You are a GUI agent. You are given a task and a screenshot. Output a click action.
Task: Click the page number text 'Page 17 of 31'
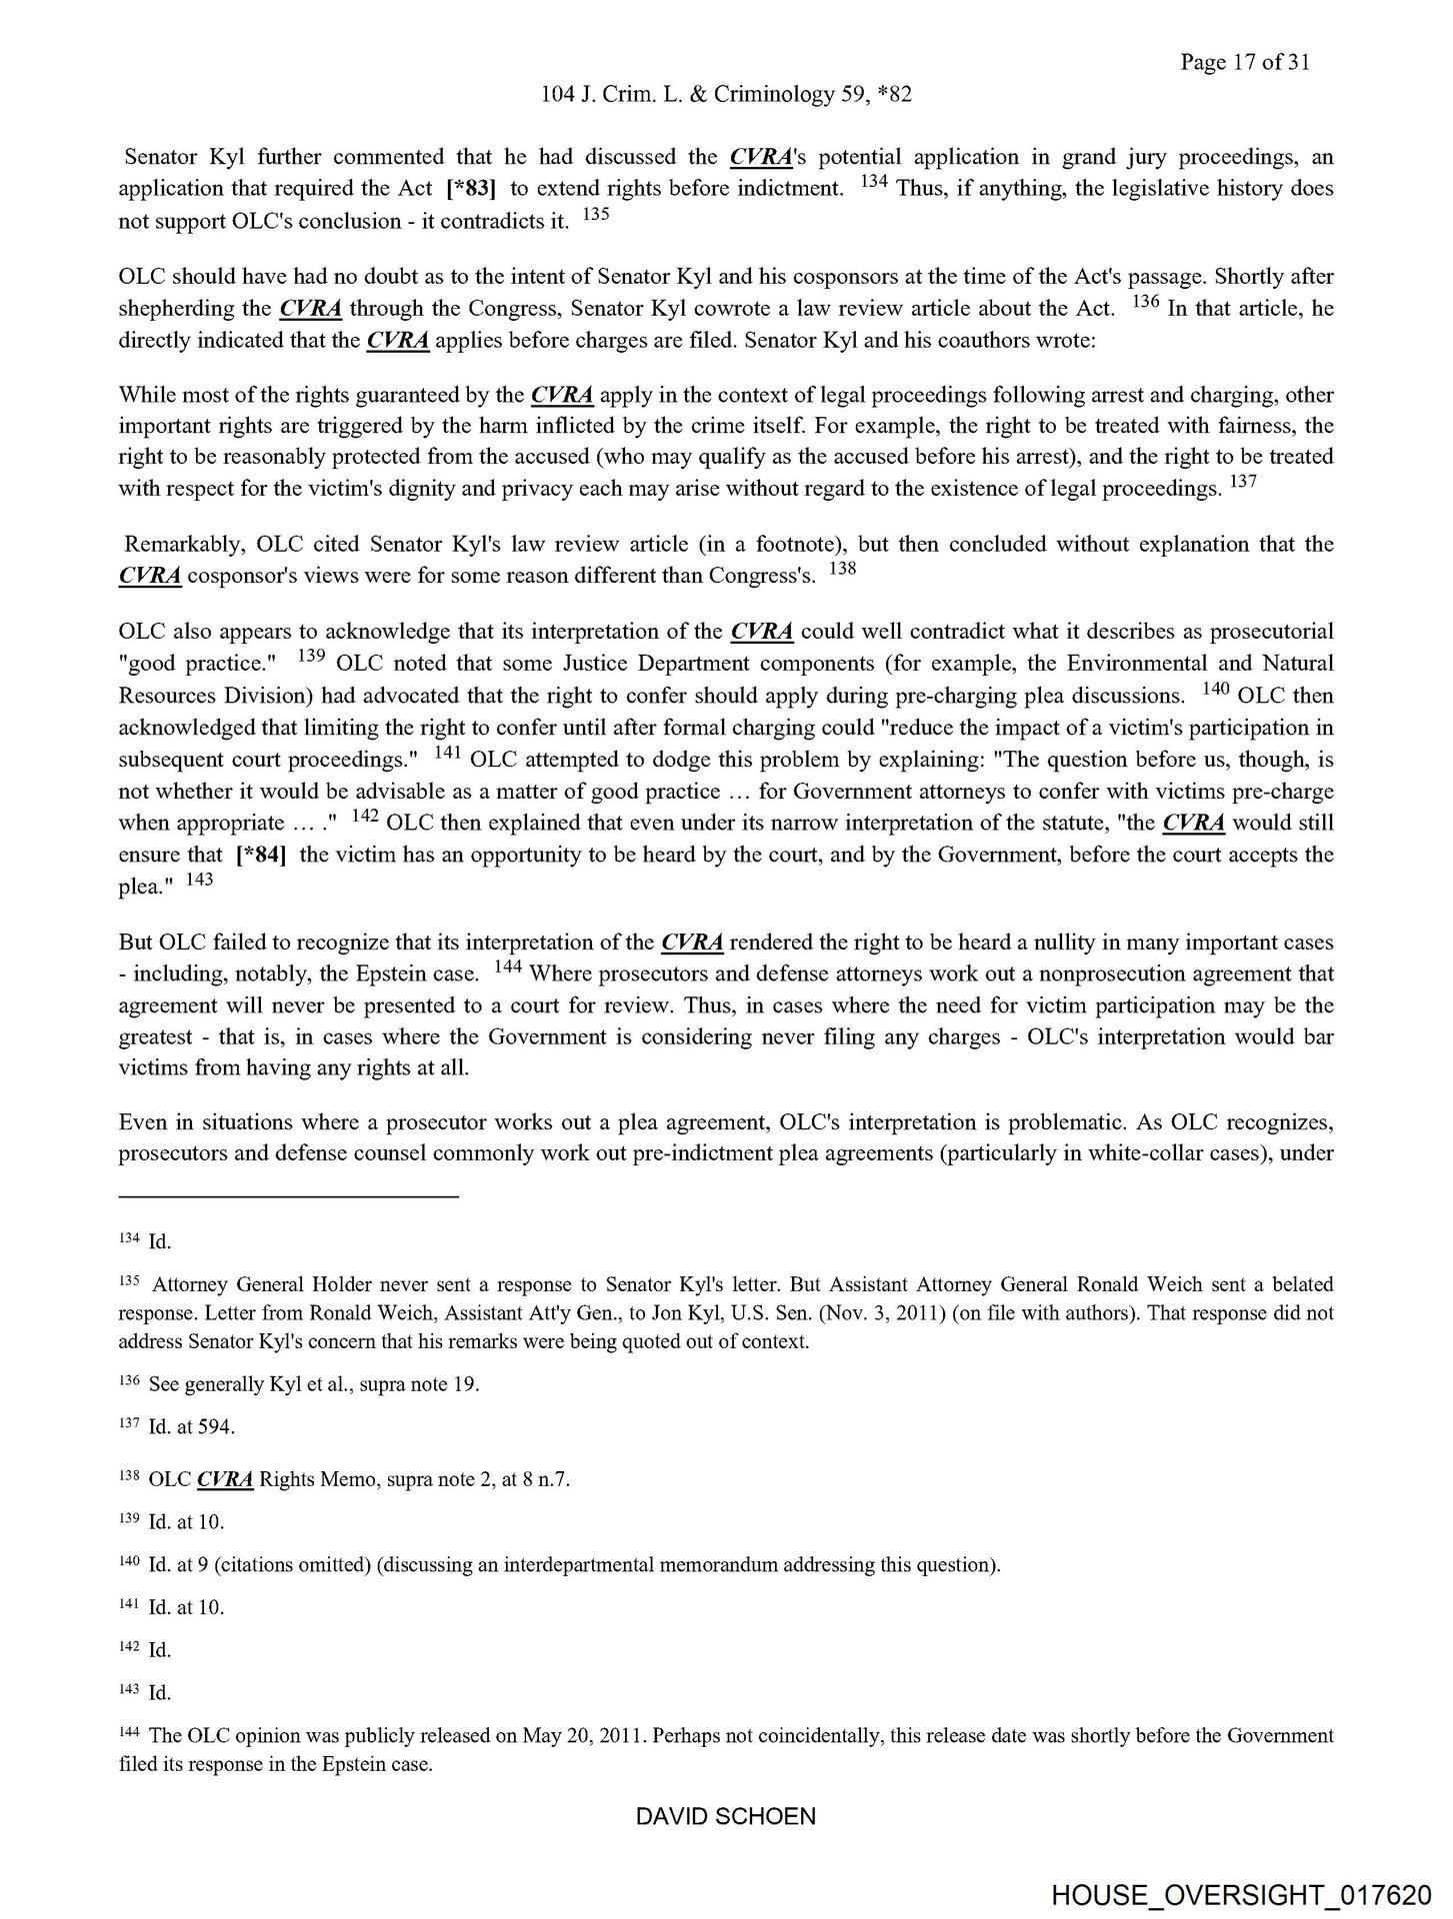coord(1243,62)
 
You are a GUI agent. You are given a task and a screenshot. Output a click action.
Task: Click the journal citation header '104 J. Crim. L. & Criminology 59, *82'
coord(725,94)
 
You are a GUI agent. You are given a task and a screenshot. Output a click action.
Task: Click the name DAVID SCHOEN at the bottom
coord(725,1817)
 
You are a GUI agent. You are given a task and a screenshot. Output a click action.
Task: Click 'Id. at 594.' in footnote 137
coord(191,1427)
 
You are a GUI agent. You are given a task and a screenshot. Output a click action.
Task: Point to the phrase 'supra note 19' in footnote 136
coord(421,1385)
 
